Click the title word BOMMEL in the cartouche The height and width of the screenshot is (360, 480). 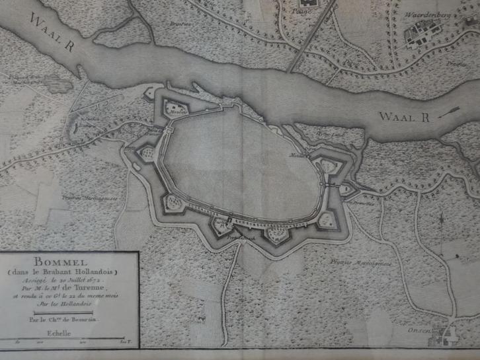pyautogui.click(x=68, y=262)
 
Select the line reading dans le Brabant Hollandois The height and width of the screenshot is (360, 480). pyautogui.click(x=68, y=271)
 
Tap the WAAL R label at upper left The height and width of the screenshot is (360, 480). pyautogui.click(x=51, y=28)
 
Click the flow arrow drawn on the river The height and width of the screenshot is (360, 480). pyautogui.click(x=457, y=107)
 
